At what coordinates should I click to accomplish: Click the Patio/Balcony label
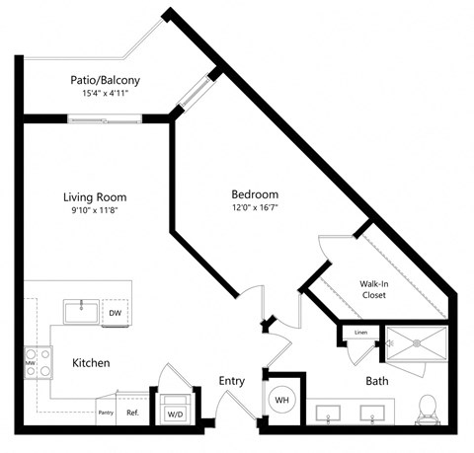pyautogui.click(x=104, y=80)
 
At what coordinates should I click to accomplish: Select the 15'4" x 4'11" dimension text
pyautogui.click(x=104, y=94)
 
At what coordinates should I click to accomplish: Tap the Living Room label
pyautogui.click(x=95, y=196)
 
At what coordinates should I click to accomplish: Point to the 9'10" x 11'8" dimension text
pyautogui.click(x=95, y=210)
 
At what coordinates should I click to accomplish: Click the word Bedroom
pyautogui.click(x=255, y=194)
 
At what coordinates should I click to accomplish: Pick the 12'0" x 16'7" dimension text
pyautogui.click(x=255, y=208)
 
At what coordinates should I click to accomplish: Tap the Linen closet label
pyautogui.click(x=360, y=333)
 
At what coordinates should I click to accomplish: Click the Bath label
pyautogui.click(x=377, y=380)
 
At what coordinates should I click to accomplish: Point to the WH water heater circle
pyautogui.click(x=280, y=401)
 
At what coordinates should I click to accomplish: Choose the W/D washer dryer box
pyautogui.click(x=175, y=413)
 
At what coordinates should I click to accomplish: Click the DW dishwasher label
pyautogui.click(x=115, y=312)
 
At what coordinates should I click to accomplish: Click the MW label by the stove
pyautogui.click(x=31, y=363)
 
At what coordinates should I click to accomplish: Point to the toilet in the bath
pyautogui.click(x=428, y=408)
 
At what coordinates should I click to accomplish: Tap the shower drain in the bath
pyautogui.click(x=417, y=343)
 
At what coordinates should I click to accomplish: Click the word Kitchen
pyautogui.click(x=91, y=363)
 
